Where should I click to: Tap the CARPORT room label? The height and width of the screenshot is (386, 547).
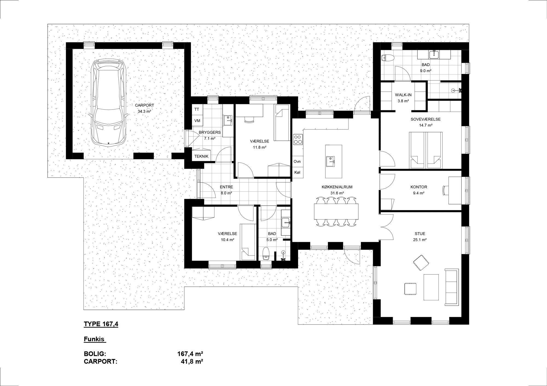(x=144, y=105)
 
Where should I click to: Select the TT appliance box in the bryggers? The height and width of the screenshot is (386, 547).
(x=197, y=109)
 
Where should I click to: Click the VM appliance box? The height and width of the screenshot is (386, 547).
(x=197, y=121)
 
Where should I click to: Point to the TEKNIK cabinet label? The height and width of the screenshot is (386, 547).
(x=201, y=156)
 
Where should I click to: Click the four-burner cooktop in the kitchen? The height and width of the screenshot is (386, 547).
(x=298, y=139)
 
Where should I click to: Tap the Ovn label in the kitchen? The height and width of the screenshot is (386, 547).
(x=297, y=162)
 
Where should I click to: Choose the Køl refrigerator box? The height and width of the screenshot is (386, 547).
(x=297, y=173)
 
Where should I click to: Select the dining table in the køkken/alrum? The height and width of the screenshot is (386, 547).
(x=336, y=212)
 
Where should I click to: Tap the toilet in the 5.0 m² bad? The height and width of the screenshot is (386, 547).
(x=266, y=253)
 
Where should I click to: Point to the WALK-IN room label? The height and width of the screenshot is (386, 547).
(x=403, y=95)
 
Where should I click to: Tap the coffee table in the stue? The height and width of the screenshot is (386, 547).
(x=431, y=287)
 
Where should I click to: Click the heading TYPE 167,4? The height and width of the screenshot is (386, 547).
(x=101, y=324)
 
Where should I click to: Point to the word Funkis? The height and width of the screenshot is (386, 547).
(x=94, y=339)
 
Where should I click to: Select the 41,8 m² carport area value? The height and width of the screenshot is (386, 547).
(x=192, y=362)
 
